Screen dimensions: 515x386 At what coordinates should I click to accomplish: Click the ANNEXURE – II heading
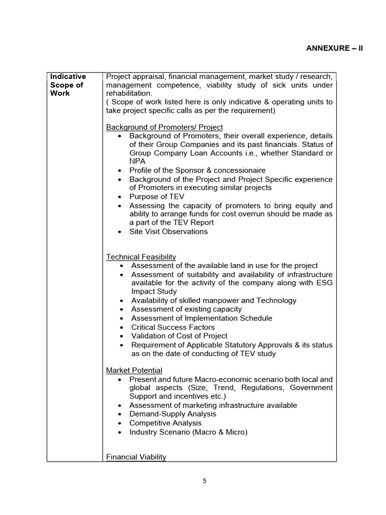[334, 48]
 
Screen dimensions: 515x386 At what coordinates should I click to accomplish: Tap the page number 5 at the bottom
[205, 481]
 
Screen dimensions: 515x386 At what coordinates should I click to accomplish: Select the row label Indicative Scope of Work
[68, 85]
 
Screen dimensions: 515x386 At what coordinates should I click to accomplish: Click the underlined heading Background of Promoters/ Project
[164, 127]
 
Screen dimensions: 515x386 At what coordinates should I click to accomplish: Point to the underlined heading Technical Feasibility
[141, 256]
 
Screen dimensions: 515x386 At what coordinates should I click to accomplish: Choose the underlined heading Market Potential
[134, 370]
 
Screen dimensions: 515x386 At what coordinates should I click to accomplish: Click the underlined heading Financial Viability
[136, 457]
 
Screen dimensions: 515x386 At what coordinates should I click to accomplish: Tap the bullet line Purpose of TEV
[157, 197]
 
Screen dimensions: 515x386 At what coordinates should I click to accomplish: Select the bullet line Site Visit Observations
[168, 231]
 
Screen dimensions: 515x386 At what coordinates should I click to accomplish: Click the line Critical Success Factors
[173, 327]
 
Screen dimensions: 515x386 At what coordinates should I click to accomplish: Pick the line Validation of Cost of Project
[179, 335]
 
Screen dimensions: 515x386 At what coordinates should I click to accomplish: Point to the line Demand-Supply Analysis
[173, 414]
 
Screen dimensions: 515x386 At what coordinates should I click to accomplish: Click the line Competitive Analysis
[165, 423]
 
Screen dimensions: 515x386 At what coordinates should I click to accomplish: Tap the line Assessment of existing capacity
[186, 309]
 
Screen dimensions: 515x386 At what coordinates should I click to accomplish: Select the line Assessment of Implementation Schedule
[202, 318]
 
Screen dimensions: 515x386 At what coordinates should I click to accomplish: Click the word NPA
[137, 162]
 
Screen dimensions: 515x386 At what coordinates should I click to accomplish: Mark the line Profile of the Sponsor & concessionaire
[198, 170]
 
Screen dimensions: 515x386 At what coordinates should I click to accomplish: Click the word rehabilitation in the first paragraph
[128, 93]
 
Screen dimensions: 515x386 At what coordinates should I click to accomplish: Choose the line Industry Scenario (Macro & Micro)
[188, 432]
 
